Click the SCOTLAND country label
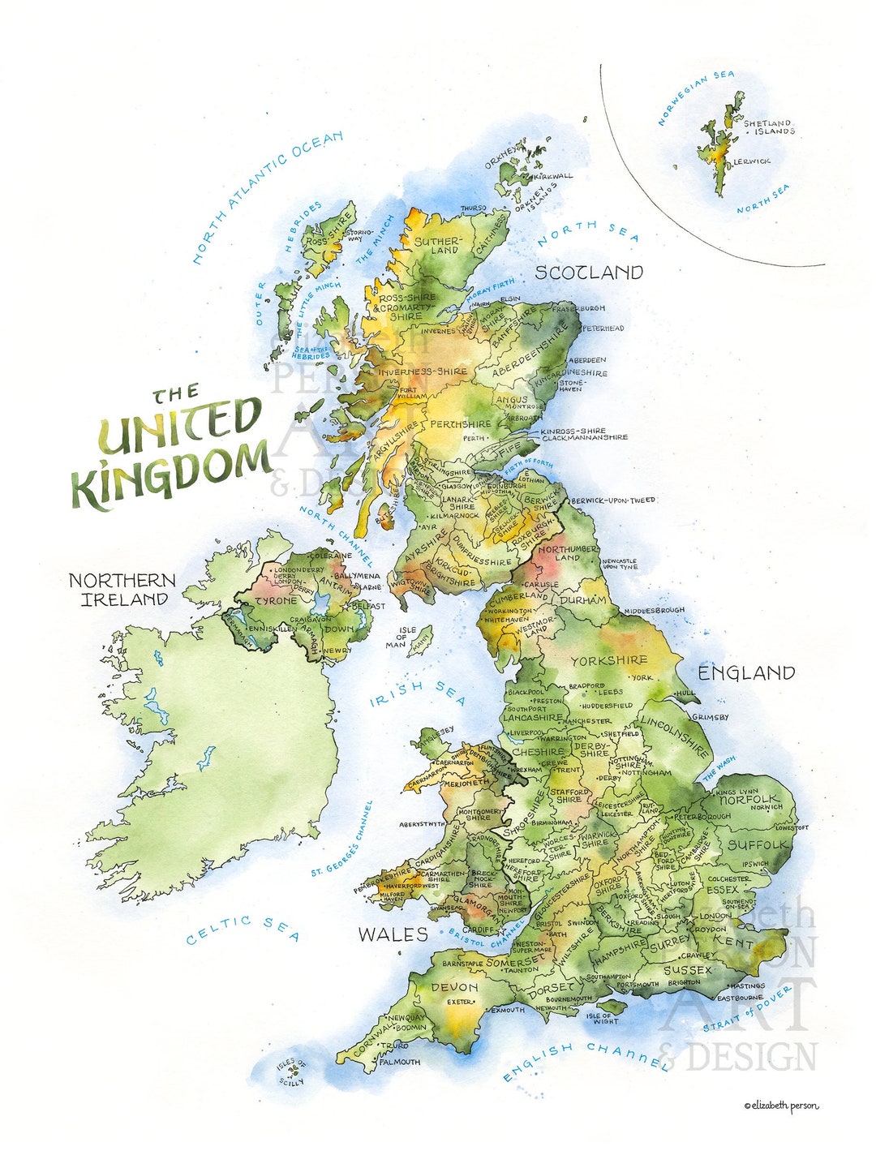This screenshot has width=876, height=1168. [588, 273]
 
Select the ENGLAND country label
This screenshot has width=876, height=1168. [746, 672]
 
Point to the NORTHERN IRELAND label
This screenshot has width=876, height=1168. [122, 590]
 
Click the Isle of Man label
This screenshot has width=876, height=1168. [406, 638]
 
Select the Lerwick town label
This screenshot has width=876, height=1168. [752, 161]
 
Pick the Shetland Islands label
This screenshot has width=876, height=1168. [768, 127]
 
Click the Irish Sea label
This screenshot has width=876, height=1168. [418, 693]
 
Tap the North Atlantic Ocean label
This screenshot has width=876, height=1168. [267, 197]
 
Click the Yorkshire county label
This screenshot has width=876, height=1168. [608, 661]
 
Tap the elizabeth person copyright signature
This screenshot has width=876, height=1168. [781, 1105]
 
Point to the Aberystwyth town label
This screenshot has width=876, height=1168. [421, 824]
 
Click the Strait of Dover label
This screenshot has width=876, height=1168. [747, 1011]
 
